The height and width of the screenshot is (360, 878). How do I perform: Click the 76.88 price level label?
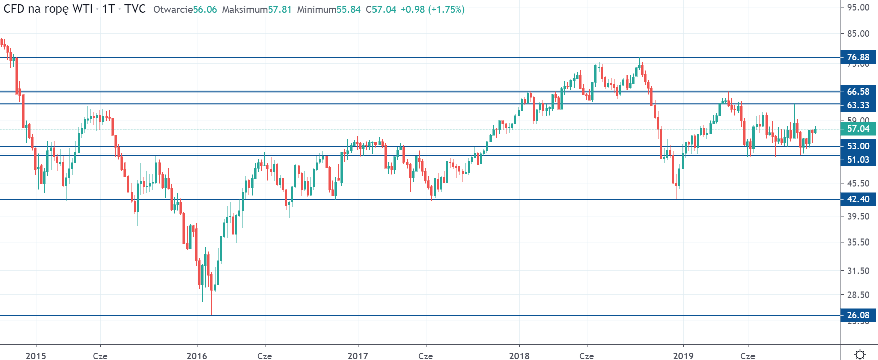[858, 57]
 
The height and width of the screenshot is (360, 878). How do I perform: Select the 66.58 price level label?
[858, 92]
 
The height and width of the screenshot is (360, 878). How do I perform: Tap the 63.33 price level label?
[858, 105]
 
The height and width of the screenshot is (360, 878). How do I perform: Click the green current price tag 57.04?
[858, 129]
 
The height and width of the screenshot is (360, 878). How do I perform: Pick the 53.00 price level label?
[858, 146]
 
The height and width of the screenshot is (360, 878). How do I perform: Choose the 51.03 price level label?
[858, 160]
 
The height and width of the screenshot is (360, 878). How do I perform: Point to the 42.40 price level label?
[858, 199]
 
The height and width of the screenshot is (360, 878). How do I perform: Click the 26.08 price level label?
[858, 315]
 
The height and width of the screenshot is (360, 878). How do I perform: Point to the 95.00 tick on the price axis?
[858, 8]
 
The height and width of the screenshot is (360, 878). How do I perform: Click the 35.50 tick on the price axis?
[858, 242]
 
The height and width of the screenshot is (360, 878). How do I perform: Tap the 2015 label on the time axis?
[36, 356]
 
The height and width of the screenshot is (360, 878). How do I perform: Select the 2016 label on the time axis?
[197, 356]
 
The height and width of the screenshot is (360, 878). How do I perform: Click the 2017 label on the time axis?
[358, 356]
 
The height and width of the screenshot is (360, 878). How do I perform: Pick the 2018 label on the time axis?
[519, 356]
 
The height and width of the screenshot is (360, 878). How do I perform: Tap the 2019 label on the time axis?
[683, 356]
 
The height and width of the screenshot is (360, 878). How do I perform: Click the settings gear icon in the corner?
[860, 354]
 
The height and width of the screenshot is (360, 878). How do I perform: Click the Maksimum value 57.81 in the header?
[280, 10]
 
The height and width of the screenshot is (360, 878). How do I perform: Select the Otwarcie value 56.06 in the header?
[205, 10]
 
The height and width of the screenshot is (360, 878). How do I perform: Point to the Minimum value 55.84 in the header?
[349, 10]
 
